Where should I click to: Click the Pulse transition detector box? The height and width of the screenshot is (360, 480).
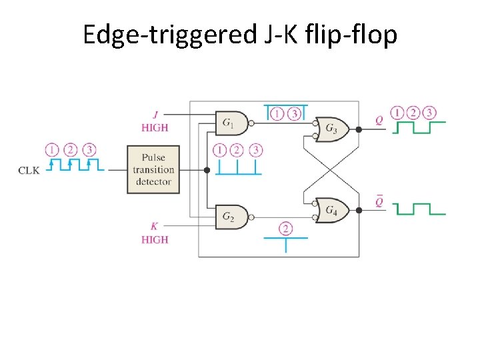tap(153, 169)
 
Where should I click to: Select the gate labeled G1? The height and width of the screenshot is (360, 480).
tap(231, 123)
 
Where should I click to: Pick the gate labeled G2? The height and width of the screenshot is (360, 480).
tap(231, 217)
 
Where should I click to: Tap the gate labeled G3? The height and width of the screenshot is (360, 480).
tap(331, 129)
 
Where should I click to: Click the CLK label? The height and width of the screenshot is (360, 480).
tap(29, 170)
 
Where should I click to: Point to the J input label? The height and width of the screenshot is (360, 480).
tap(155, 114)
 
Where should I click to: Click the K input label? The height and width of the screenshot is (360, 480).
tap(155, 227)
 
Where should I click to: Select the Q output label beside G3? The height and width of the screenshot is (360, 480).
tap(379, 121)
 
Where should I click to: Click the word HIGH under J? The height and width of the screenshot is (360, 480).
tap(155, 127)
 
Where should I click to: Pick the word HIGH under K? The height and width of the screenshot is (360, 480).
tap(155, 239)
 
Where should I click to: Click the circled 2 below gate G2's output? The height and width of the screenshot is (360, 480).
tap(286, 229)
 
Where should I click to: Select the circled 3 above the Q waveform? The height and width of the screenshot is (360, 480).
tap(430, 112)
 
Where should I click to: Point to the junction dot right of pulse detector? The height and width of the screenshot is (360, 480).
tap(207, 170)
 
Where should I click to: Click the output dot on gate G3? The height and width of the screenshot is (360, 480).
tap(359, 129)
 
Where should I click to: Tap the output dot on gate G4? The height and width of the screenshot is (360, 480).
tap(359, 210)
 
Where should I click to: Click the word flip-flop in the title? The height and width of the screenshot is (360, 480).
tap(358, 34)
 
